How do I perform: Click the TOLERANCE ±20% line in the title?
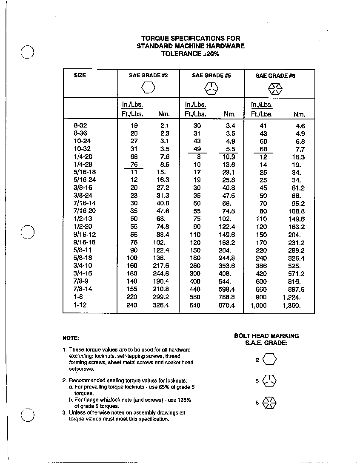[x=190, y=54]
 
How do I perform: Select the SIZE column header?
[x=80, y=75]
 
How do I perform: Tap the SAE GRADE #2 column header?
[x=148, y=75]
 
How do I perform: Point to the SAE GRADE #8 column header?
[x=275, y=76]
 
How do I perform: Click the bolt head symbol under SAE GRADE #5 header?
[x=211, y=88]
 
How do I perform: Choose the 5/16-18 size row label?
[x=85, y=172]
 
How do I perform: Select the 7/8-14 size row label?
[x=83, y=289]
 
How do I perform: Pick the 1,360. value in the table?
[x=291, y=305]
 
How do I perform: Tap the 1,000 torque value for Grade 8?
[x=258, y=305]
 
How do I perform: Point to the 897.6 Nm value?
[x=296, y=289]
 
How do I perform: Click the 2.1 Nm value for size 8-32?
[x=164, y=126]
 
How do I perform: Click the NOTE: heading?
[x=71, y=338]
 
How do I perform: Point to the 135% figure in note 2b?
[x=185, y=400]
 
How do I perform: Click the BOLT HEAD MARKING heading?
[x=266, y=336]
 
